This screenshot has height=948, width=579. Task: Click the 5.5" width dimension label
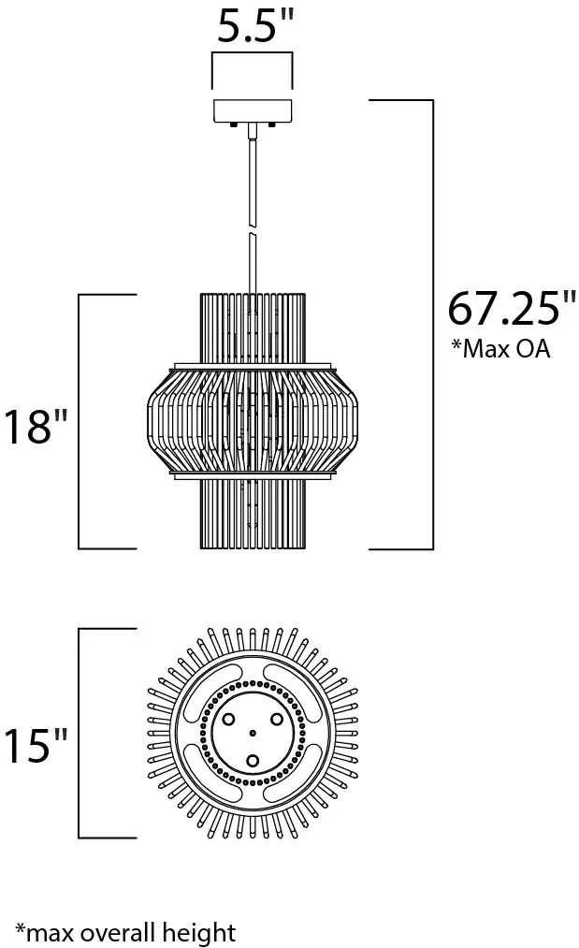coord(255,25)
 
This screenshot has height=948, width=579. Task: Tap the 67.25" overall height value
coord(512,308)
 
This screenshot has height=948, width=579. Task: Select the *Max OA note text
coord(501,348)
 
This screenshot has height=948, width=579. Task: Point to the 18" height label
coord(36,427)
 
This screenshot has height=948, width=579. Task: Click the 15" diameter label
coord(36,745)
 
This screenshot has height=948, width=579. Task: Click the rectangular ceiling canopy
coord(253,110)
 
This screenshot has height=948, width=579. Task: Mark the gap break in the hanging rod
coord(253,230)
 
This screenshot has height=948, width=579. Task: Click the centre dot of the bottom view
coord(253,734)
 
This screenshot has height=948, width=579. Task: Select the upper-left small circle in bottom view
coord(229,720)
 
